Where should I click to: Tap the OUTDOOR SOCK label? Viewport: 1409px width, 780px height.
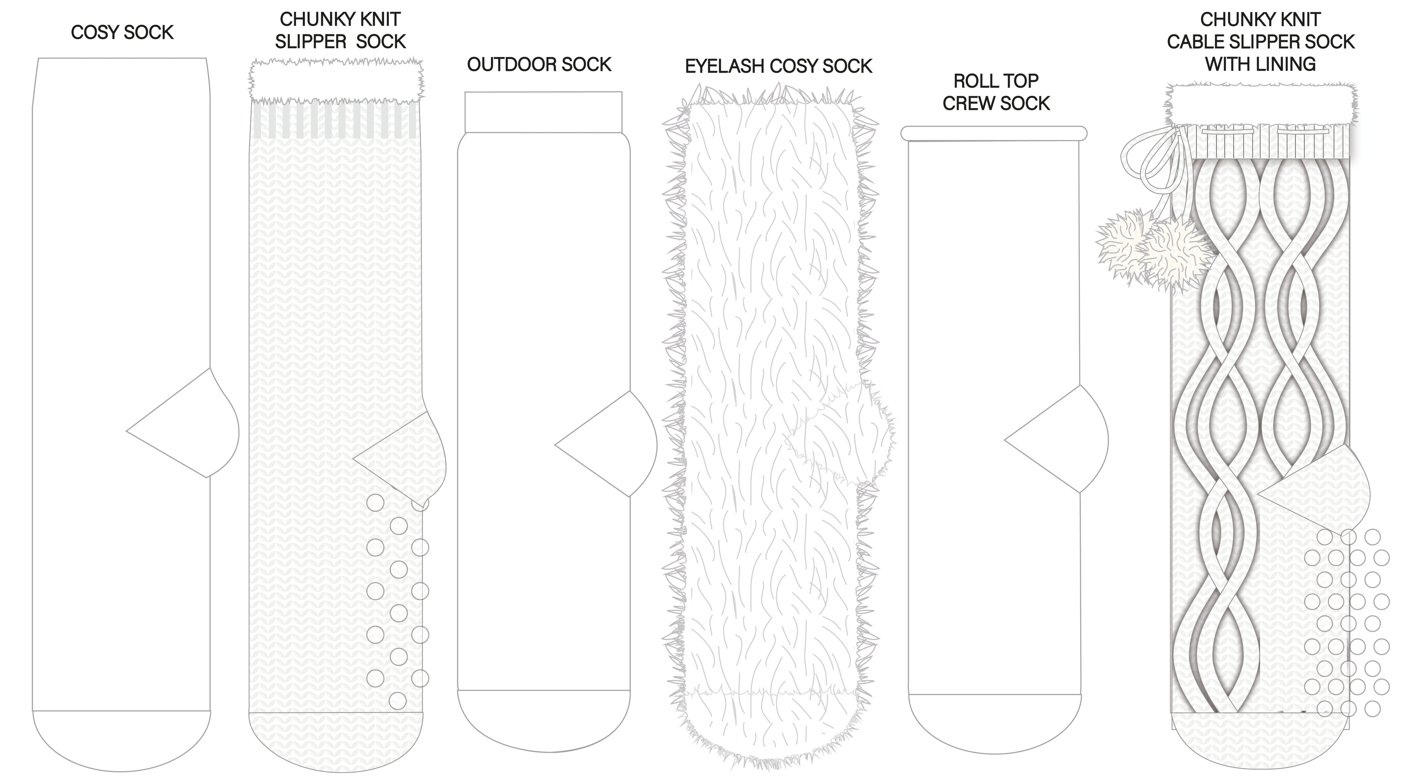[539, 65]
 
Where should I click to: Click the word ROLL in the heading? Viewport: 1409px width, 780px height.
[971, 81]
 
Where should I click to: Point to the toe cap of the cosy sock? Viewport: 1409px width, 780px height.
[121, 739]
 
